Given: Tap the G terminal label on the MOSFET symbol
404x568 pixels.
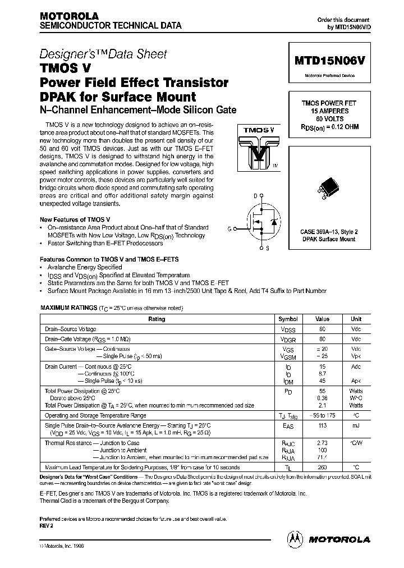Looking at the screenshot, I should pos(229,228).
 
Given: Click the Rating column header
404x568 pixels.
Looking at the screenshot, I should pos(157,319).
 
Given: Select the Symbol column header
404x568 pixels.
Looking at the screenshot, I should pos(288,319).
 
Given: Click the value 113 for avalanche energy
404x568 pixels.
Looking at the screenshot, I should pos(322,425).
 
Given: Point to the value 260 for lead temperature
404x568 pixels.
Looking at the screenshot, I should pos(322,467).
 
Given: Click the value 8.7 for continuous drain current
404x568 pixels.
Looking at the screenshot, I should pos(322,373).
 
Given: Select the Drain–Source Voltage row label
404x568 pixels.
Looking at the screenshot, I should pos(71,329).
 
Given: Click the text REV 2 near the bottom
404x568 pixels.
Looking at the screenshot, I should pos(47,525).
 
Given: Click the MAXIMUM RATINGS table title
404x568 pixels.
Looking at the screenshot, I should pos(68,309).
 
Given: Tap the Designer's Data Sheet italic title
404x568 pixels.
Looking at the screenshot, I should pos(103,54).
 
